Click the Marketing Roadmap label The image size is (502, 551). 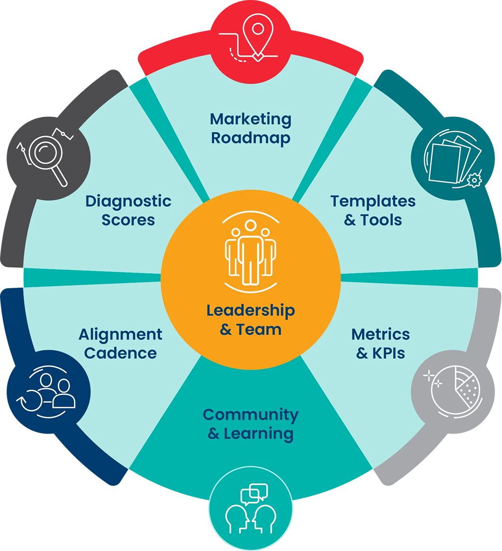coord(251,129)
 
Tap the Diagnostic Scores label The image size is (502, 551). coord(128,211)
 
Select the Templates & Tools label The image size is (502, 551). coord(373,211)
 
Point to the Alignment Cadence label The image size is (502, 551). coord(121,343)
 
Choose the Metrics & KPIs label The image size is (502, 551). coord(381,343)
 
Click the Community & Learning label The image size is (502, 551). coord(251,424)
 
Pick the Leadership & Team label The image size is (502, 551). coord(251,320)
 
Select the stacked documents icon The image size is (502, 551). coord(453,160)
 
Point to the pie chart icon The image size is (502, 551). coord(456,390)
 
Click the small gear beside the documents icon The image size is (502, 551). coord(475,180)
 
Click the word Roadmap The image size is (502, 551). coord(251,138)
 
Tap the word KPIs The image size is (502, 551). coord(388,353)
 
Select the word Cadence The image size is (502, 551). coord(121,353)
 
